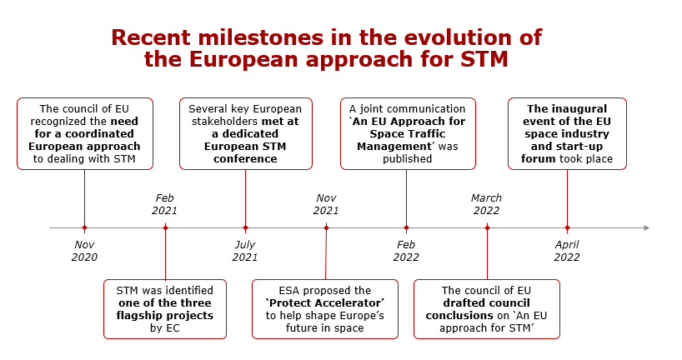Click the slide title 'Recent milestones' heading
coord(326,48)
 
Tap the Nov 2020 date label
coord(84,251)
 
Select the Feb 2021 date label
coord(165,204)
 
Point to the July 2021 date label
coord(245,251)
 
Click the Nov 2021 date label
coord(326,204)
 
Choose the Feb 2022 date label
coord(406,251)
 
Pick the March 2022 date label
coord(486,204)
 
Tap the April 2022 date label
coord(567,251)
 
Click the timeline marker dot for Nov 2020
coord(84,227)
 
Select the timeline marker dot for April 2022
coord(567,227)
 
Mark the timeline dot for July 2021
coord(245,227)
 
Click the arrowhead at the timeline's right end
coord(645,227)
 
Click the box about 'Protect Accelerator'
coord(324,309)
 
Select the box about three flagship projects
coord(165,309)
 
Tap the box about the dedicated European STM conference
coord(245,133)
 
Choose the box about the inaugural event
coord(567,133)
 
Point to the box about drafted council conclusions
coord(486,309)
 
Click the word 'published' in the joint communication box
coord(408,159)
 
